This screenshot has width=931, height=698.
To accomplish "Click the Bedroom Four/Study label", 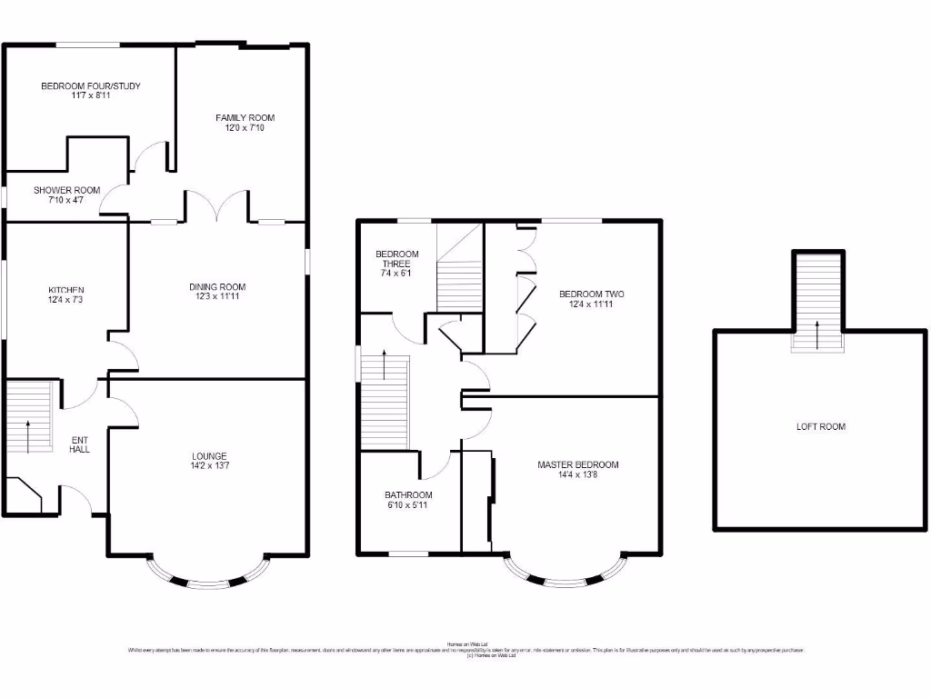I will click(x=90, y=86).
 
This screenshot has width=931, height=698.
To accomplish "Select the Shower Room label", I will click(x=67, y=190).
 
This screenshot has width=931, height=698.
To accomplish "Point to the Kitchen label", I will click(x=66, y=290).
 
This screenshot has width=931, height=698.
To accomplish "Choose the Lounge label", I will click(x=209, y=456).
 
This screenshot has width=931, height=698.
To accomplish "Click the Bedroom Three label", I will click(x=396, y=259).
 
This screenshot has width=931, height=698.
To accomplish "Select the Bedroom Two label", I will click(x=591, y=294).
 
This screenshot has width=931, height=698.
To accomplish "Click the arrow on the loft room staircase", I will click(x=816, y=334).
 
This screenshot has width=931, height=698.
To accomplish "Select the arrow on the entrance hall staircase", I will click(x=28, y=434).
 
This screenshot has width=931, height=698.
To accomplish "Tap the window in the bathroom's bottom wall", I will click(x=409, y=553).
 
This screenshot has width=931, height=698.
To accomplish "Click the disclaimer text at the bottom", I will click(x=465, y=650).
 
